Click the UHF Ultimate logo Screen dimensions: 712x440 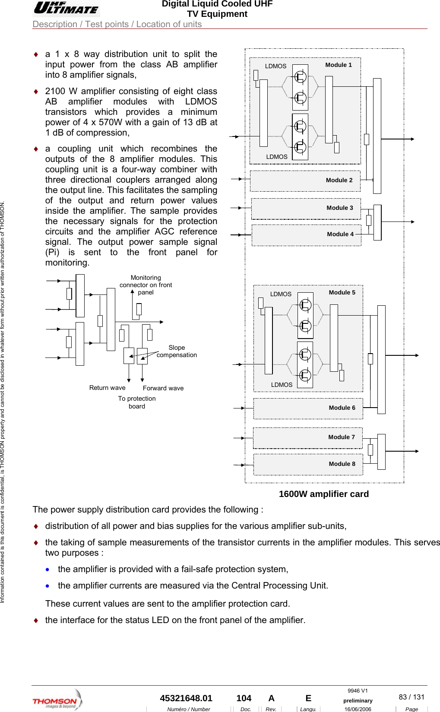[x=66, y=8]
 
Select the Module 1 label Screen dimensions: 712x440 [x=339, y=65]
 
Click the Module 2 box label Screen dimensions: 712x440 [x=339, y=180]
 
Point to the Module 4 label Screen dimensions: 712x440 [x=340, y=234]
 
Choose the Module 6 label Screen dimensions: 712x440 [x=342, y=408]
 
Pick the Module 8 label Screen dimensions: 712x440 [x=342, y=464]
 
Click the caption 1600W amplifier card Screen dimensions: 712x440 [x=323, y=494]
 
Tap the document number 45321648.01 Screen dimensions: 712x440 [x=186, y=698]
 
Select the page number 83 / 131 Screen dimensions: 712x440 [x=412, y=697]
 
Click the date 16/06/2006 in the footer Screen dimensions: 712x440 [x=358, y=709]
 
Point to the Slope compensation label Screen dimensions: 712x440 [x=177, y=351]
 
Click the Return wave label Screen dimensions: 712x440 [x=107, y=388]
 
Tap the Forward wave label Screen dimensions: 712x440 [x=163, y=388]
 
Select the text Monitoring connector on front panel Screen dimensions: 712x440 [x=146, y=285]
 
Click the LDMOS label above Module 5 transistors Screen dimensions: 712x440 [x=281, y=294]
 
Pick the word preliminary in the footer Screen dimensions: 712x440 [x=358, y=701]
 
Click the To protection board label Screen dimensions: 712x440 [x=137, y=402]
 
